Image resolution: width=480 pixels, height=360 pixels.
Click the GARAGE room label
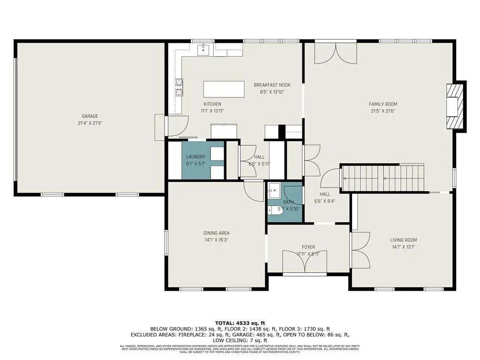point(90,116)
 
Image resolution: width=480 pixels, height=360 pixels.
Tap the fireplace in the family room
point(455,106)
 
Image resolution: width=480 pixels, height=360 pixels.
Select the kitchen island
point(224,89)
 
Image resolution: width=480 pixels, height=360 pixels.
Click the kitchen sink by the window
point(204,49)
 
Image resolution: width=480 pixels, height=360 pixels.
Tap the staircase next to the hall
point(383,178)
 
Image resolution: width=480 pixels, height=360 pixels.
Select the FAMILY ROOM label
point(382,104)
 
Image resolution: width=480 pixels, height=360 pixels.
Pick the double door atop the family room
point(335,52)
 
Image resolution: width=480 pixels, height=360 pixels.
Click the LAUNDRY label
point(195,157)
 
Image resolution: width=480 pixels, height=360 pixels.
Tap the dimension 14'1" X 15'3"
point(216,240)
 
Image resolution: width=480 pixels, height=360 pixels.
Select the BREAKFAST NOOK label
point(272,85)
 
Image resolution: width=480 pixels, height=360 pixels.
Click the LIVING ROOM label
point(403,240)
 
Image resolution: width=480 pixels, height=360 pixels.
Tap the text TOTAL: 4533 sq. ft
point(240,323)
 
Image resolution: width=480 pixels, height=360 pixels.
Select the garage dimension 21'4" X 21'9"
point(90,123)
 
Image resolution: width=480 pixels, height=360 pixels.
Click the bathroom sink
point(274,190)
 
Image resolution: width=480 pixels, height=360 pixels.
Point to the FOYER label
point(308,247)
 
